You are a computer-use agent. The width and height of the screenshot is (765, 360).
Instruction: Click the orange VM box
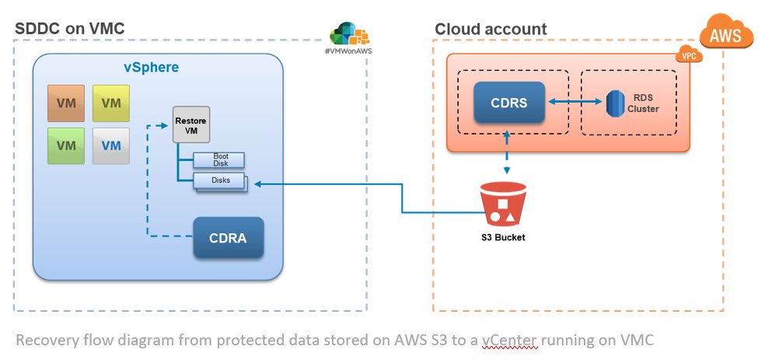[x=68, y=103]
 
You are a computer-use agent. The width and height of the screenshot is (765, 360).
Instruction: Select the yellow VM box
[x=111, y=103]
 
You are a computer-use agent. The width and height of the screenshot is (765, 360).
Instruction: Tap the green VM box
[x=68, y=145]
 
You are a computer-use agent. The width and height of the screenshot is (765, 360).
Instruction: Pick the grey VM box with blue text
[x=111, y=145]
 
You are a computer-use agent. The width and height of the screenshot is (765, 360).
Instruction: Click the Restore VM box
[x=191, y=128]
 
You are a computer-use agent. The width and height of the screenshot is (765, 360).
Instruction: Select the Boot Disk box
[x=219, y=159]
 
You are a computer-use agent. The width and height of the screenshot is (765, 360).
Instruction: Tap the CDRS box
[x=507, y=102]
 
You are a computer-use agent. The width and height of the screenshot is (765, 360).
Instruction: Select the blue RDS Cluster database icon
[x=615, y=102]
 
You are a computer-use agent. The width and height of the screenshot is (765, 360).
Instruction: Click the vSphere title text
[x=152, y=67]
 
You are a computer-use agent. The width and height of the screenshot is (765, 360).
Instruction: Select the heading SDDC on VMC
[x=70, y=29]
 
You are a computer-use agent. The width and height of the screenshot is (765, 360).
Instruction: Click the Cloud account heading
[x=491, y=29]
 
